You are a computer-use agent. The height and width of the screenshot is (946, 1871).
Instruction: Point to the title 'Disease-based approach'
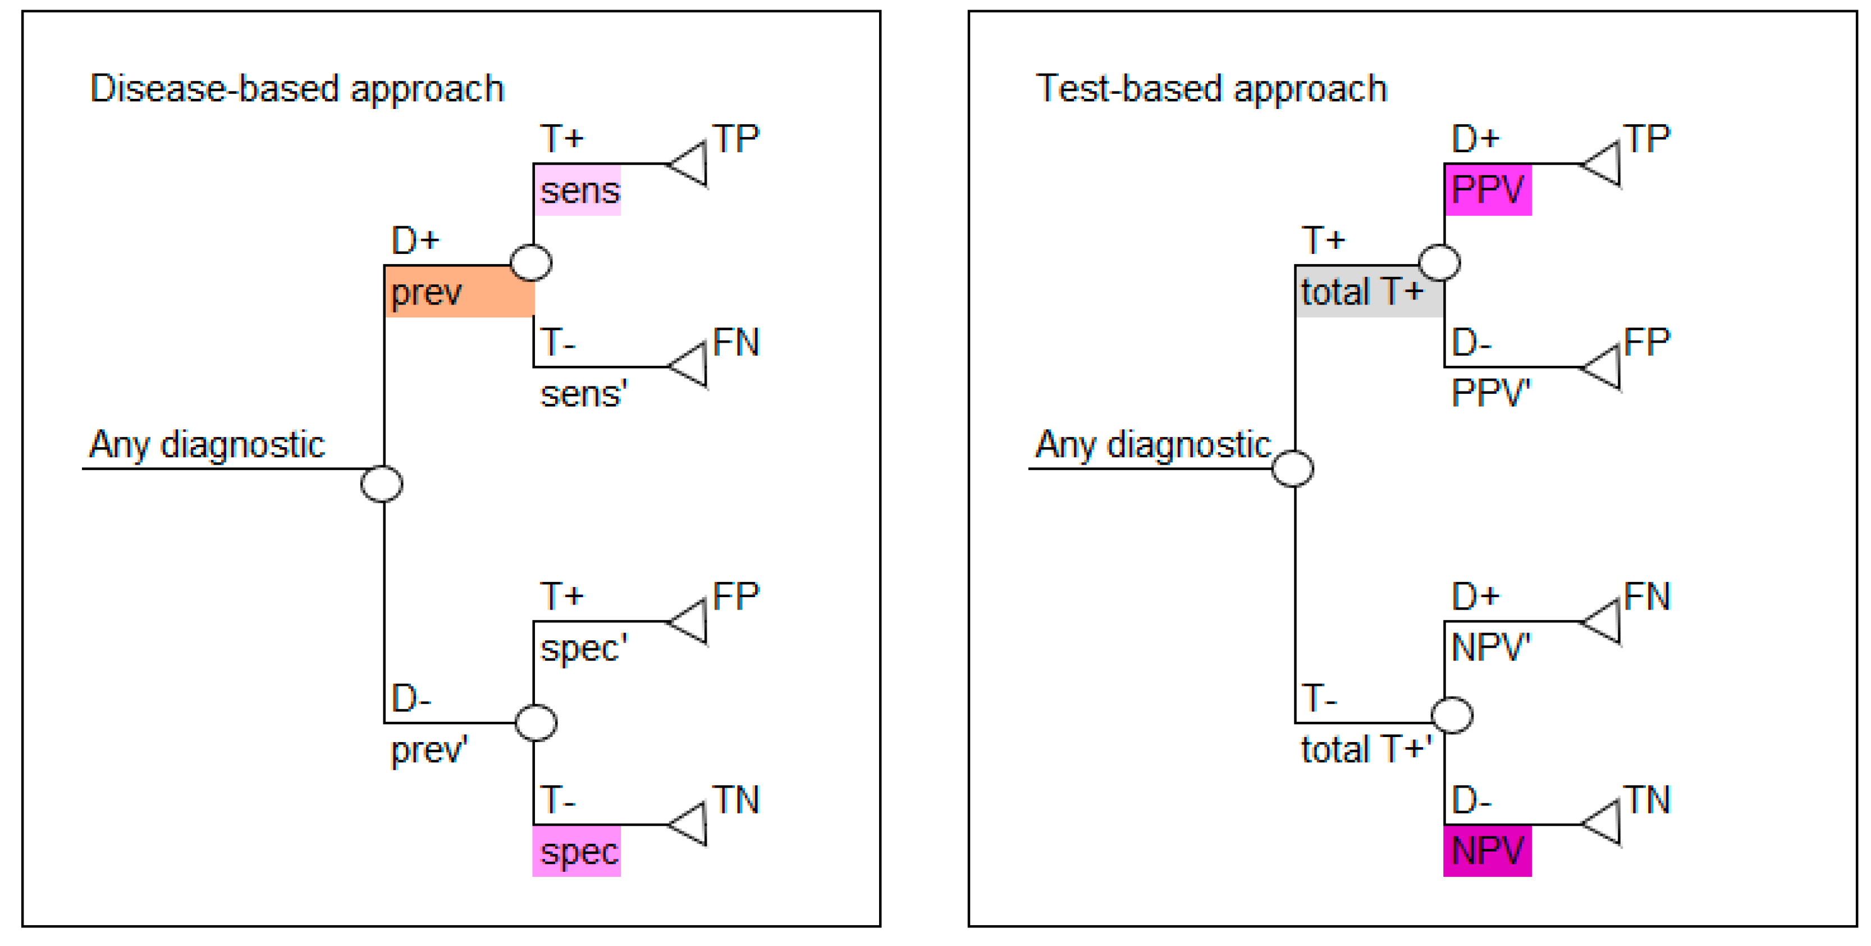pos(296,89)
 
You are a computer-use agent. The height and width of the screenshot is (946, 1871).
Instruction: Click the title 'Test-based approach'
pos(1211,89)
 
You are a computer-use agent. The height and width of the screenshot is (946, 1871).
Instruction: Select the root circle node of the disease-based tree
pos(382,484)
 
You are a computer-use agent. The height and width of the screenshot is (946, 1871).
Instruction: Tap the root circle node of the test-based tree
pos(1293,469)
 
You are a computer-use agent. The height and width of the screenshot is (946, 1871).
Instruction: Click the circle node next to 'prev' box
pos(531,262)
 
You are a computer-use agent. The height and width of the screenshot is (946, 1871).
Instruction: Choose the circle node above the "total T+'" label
pos(1451,715)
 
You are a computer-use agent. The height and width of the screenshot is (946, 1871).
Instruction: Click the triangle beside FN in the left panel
pos(690,366)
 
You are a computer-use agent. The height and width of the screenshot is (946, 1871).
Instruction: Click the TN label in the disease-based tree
pos(736,800)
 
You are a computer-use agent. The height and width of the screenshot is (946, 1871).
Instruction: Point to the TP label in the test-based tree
pos(1646,139)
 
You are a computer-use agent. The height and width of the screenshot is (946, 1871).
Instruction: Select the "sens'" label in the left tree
pos(583,394)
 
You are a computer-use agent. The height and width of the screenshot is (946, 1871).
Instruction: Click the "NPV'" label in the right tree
pos(1490,647)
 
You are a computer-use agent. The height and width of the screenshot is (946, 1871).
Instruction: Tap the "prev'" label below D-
pos(428,750)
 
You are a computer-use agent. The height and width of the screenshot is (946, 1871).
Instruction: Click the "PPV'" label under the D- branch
pos(1490,393)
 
